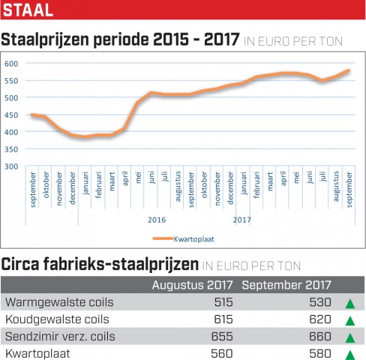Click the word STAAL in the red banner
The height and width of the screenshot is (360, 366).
coord(28,10)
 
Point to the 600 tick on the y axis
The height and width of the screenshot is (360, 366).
coord(11,64)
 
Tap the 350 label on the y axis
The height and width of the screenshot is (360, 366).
coord(11,149)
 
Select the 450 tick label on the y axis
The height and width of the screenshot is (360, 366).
coord(11,115)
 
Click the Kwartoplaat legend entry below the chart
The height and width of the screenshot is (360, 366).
coord(184,239)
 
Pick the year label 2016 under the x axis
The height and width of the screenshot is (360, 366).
coord(157,220)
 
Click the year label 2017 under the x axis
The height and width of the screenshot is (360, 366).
coord(242,220)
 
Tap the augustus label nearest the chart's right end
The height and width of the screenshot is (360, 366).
coord(336,186)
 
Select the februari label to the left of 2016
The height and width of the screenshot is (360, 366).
coord(98,184)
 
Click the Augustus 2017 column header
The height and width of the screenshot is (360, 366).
coord(192,285)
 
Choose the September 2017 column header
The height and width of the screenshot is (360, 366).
coord(286,285)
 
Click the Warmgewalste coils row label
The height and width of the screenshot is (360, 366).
coord(59,302)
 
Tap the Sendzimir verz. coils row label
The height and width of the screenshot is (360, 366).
coord(60,337)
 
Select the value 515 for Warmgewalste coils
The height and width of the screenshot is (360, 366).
coord(223,302)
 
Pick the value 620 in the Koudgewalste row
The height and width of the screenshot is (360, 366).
coord(320,319)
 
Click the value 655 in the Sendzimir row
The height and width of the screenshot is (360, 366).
coord(222,337)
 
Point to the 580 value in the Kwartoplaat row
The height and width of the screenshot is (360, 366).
coord(320,353)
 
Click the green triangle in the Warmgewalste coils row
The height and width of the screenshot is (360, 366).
coord(350,304)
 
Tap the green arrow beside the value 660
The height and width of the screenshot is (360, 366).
coord(350,338)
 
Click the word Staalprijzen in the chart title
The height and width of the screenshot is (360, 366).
coord(45,40)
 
